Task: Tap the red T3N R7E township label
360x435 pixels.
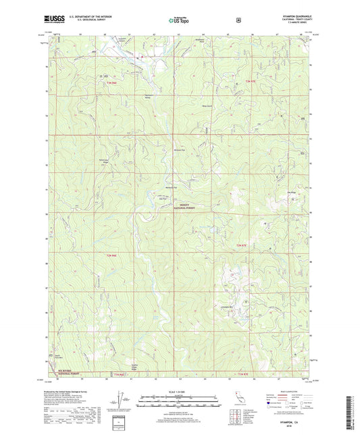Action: pos(251,82)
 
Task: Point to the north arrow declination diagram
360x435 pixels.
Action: pos(122,400)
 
